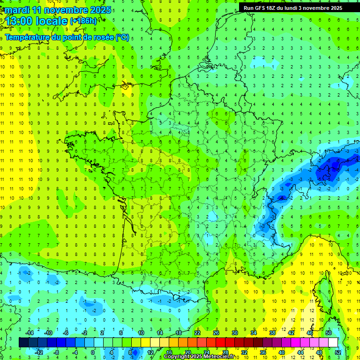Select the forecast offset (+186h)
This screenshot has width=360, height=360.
83,21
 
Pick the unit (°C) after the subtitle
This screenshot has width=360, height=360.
122,37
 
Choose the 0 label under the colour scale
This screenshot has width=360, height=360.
92,352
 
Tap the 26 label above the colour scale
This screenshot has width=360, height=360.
216,333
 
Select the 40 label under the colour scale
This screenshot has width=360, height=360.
281,352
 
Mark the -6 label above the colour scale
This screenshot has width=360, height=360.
66,333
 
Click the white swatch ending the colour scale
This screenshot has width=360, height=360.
333,343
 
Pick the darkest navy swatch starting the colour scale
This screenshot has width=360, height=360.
24,343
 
